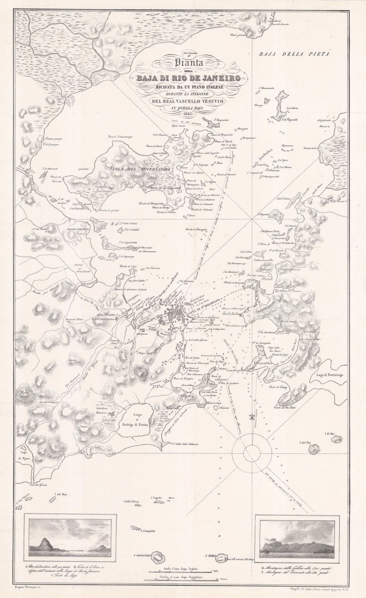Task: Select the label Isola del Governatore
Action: click(140, 170)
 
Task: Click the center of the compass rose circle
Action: click(250, 453)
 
